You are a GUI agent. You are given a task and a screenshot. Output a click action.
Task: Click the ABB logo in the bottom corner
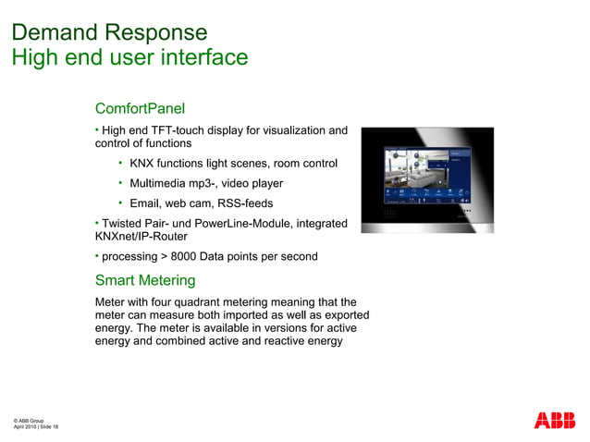[554, 420]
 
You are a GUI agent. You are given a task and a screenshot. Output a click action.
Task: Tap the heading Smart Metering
[145, 280]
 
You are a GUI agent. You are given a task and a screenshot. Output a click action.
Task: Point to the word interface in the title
[195, 57]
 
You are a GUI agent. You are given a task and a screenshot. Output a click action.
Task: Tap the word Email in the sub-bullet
[145, 203]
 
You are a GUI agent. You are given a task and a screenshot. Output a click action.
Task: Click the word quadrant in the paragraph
[219, 302]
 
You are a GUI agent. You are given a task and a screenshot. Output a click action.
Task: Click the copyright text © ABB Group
[28, 421]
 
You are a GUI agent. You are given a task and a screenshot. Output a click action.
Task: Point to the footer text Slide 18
[49, 426]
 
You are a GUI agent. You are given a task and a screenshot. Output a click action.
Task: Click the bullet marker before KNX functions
[120, 163]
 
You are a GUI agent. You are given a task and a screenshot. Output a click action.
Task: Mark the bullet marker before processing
[97, 255]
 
